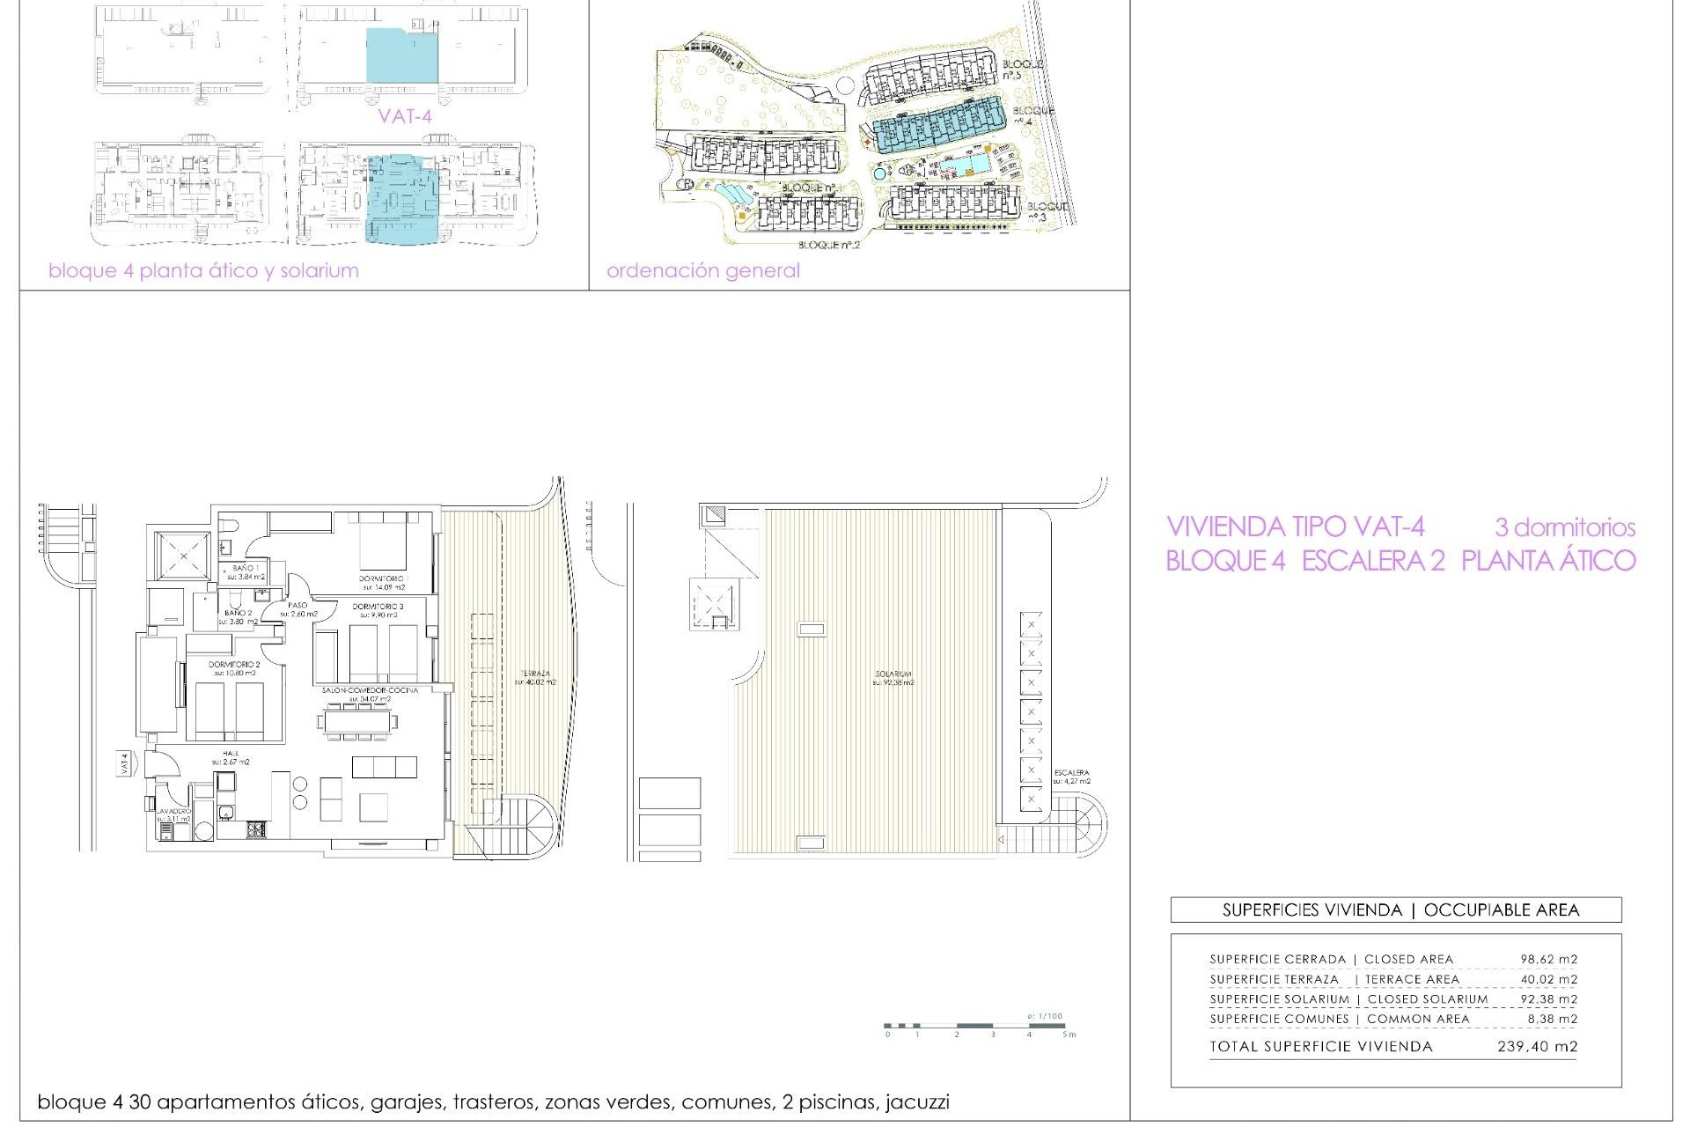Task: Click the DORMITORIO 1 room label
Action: [382, 578]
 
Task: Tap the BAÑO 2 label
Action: [238, 613]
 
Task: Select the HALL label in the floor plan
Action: [231, 754]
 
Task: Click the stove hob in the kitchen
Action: [256, 829]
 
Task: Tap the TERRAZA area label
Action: [534, 674]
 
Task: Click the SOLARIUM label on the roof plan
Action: [893, 674]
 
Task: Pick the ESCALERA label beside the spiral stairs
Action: [1071, 773]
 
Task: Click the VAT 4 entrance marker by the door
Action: [125, 762]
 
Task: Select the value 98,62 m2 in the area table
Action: [1548, 959]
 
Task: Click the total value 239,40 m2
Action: [1537, 1046]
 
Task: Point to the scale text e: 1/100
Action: [1045, 1016]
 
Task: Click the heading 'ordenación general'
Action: [702, 270]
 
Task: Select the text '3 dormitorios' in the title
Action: [1564, 527]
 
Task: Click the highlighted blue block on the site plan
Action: [937, 129]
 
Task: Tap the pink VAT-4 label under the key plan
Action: [405, 115]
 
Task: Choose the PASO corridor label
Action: [298, 606]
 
